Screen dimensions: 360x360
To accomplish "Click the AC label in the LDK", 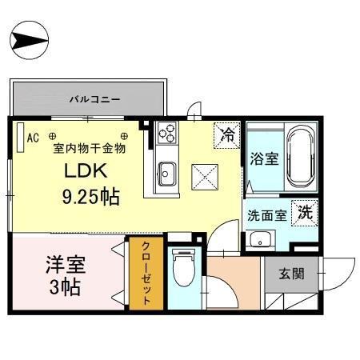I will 33,138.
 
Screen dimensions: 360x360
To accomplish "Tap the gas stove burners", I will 169,133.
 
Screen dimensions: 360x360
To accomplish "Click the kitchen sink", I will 167,172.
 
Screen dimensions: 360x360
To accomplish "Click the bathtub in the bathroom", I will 298,155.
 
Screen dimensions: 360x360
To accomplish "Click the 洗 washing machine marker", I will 305,212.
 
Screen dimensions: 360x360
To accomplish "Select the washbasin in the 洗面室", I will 260,239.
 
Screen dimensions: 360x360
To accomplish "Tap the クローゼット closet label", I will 147,274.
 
